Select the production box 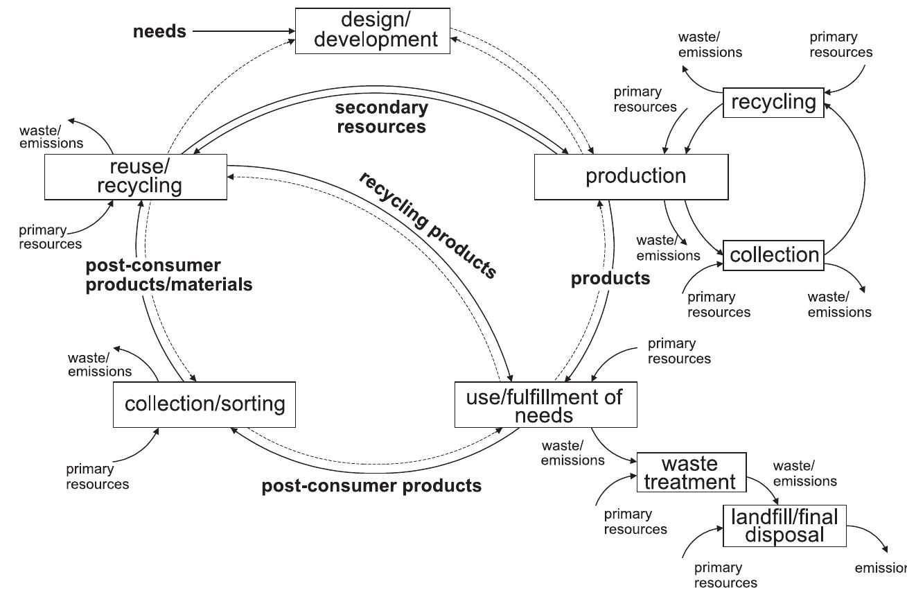tap(631, 176)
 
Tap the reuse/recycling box tap(135, 176)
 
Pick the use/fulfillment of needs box tap(545, 405)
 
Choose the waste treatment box tap(691, 472)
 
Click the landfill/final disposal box tap(784, 525)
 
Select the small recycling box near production tap(773, 102)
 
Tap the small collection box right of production tap(773, 254)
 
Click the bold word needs tap(159, 31)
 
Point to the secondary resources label tap(381, 117)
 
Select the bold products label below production tap(610, 279)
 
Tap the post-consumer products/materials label tap(168, 275)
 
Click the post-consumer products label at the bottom tap(371, 485)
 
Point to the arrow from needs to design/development tap(243, 31)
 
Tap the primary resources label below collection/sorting tap(97, 476)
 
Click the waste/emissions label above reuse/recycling tap(51, 137)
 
